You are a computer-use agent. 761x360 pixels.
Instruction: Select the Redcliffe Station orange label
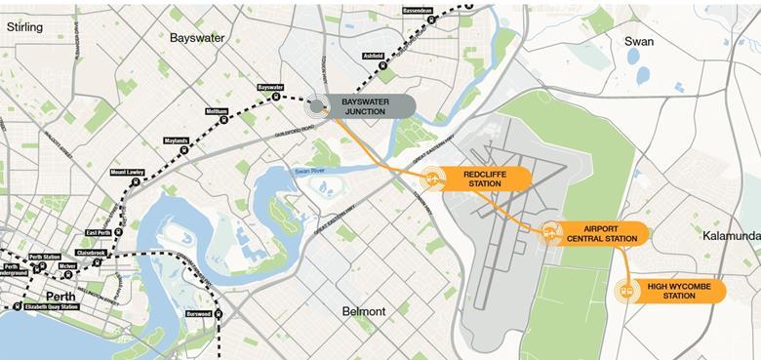485,178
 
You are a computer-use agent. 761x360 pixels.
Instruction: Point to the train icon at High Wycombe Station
626,290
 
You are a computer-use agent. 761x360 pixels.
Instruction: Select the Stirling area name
25,27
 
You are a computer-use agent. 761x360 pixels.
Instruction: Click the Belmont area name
364,311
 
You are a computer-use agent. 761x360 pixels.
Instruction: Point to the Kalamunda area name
731,236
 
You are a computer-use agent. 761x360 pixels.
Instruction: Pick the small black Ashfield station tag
374,57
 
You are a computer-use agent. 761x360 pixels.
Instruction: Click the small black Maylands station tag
177,140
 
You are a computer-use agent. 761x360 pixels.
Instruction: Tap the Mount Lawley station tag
127,173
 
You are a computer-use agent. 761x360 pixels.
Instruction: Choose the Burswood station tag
199,314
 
